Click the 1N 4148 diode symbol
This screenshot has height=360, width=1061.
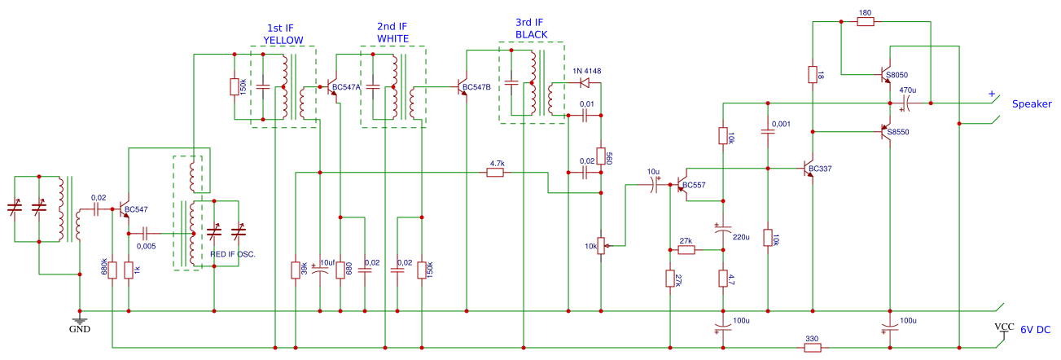tap(584, 82)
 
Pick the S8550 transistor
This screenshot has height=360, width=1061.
tap(887, 131)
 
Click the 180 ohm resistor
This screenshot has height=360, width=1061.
tap(865, 22)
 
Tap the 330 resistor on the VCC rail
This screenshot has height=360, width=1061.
tap(812, 348)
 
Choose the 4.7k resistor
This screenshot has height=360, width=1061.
tap(496, 172)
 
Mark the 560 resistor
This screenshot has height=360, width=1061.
tap(601, 156)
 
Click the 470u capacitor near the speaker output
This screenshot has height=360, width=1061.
tap(905, 103)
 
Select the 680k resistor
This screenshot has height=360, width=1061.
tap(113, 270)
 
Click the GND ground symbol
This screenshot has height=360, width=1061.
tap(80, 321)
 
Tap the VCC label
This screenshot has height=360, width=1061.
tap(1005, 327)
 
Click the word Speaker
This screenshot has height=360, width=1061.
tap(1032, 104)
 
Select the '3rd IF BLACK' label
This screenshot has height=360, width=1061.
tap(531, 29)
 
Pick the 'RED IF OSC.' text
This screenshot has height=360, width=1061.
tap(233, 255)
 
